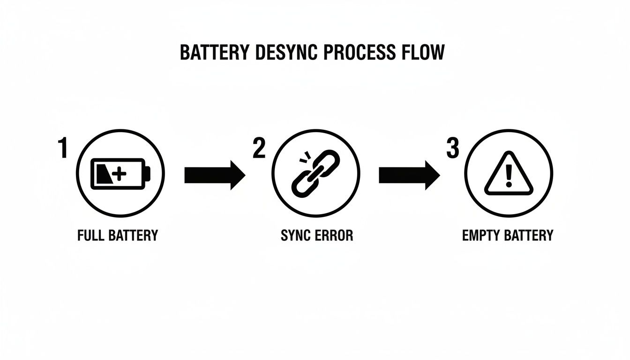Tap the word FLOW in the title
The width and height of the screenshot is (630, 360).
tap(421, 52)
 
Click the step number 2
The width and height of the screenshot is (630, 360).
tap(259, 149)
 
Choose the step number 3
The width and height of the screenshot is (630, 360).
tap(452, 149)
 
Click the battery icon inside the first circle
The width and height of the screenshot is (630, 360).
tap(120, 174)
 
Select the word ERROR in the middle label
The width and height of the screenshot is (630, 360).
tap(334, 235)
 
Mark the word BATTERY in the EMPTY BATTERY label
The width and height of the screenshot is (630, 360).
tap(530, 235)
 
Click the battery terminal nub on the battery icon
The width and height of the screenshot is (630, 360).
tap(148, 174)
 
